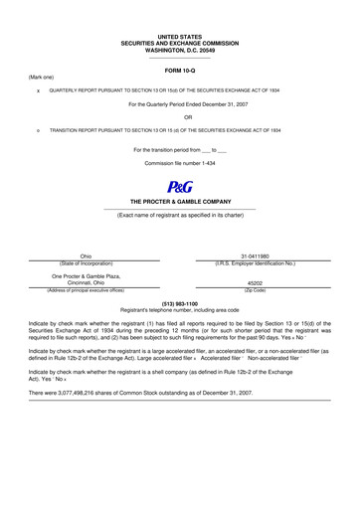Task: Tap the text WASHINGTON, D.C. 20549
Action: (180, 49)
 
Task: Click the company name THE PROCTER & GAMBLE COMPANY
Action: (180, 201)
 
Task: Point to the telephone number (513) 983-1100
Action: (179, 302)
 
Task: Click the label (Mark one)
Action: (41, 77)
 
